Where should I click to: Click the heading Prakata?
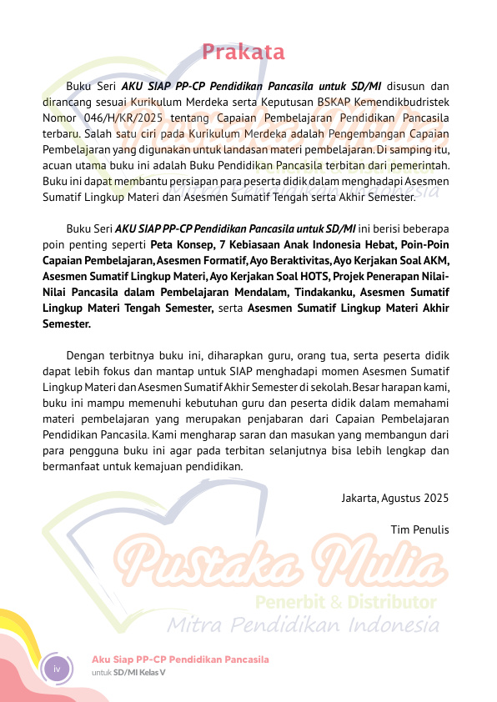tap(243, 53)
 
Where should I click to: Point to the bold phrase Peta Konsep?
tap(180, 245)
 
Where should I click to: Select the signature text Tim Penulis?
tap(419, 529)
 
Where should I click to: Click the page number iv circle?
tap(58, 669)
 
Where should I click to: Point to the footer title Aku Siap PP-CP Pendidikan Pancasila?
tap(180, 659)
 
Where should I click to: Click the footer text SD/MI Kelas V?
tap(139, 672)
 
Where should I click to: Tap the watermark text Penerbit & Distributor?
tap(345, 602)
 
